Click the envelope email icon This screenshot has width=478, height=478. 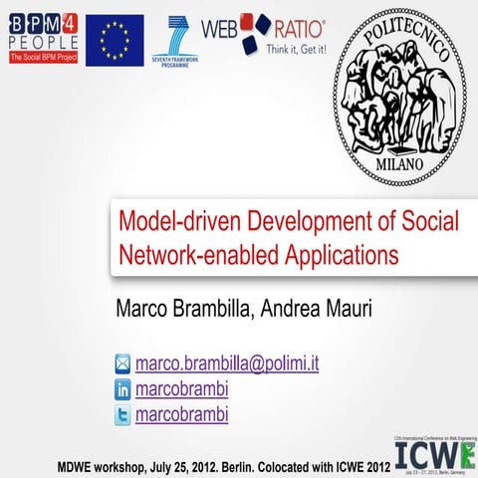point(122,363)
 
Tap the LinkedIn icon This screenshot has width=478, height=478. point(122,389)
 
